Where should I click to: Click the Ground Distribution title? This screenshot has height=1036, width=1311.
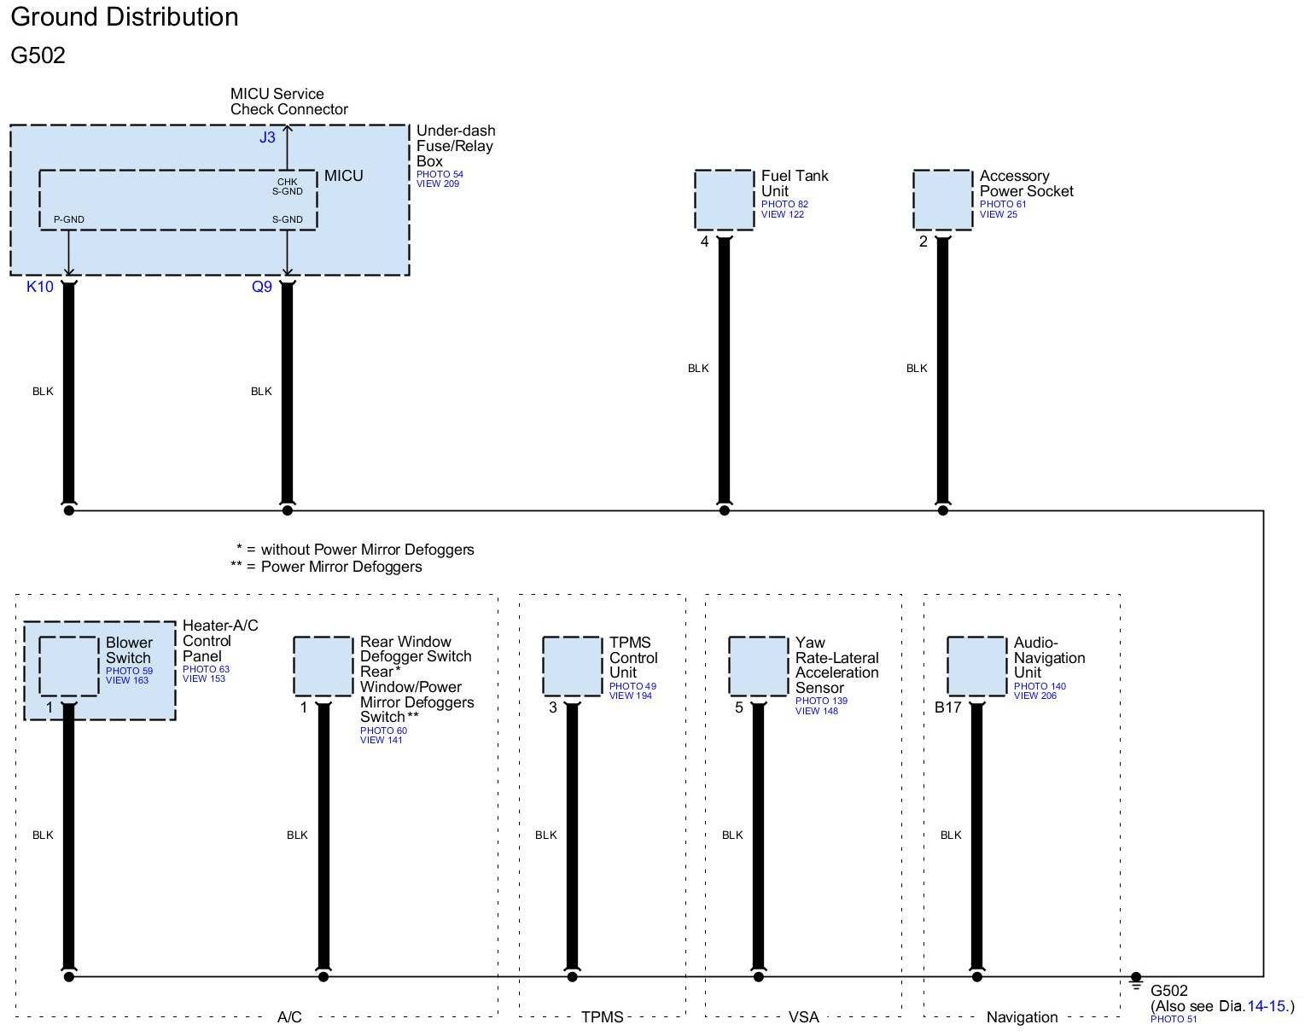(x=125, y=17)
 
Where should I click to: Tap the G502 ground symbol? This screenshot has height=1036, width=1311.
(x=1136, y=982)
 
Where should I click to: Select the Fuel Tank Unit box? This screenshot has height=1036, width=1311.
(x=725, y=200)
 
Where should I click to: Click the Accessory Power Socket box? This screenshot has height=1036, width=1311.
(x=943, y=200)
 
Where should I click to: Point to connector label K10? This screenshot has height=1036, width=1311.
(x=40, y=287)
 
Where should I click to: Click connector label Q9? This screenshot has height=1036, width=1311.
(x=261, y=287)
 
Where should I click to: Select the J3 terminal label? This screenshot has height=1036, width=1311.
(x=267, y=137)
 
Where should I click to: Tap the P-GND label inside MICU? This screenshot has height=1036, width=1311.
(x=68, y=219)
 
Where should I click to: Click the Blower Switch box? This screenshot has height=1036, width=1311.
(x=69, y=666)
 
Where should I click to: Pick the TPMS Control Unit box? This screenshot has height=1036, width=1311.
(x=573, y=666)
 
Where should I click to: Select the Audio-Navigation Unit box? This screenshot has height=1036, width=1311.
(x=977, y=666)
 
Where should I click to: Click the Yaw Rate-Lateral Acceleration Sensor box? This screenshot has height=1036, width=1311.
(x=759, y=666)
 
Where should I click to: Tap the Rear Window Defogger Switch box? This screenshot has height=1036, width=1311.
(x=323, y=666)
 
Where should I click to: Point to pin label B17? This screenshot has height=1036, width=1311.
(x=948, y=707)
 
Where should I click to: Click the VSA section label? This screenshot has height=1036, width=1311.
(x=803, y=1017)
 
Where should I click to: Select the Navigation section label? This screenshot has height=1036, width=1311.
(x=1022, y=1017)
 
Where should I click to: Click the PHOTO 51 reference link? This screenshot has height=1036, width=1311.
(x=1174, y=1020)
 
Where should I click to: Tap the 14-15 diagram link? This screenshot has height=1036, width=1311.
(x=1267, y=1006)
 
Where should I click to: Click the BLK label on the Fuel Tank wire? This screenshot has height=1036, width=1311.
(x=698, y=369)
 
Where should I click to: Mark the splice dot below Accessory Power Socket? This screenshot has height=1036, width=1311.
(x=943, y=510)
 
